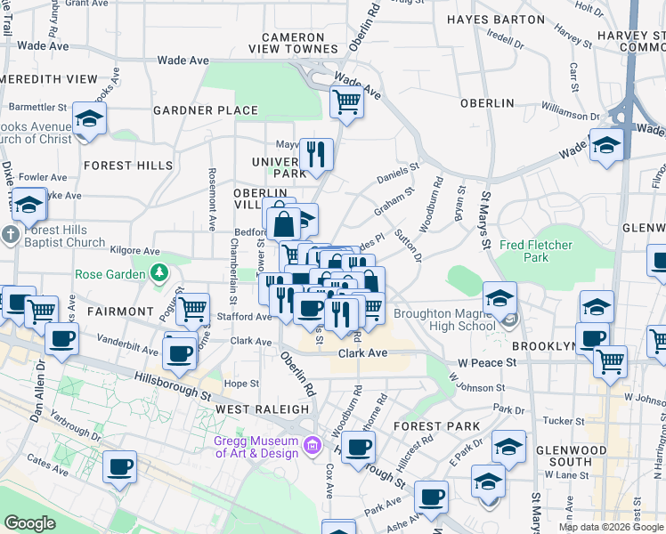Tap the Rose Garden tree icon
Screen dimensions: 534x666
point(160,273)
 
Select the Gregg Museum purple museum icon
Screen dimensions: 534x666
point(312,443)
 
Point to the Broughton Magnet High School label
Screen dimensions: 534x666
point(444,320)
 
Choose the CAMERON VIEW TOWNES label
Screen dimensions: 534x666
point(298,44)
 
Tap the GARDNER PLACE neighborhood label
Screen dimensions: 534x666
point(206,111)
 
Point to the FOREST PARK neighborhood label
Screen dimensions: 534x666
point(437,426)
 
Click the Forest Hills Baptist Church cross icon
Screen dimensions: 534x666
point(10,236)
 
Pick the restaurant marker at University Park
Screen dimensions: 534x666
point(316,154)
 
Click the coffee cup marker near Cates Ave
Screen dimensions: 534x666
point(119,466)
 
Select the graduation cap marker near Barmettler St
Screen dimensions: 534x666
point(89,119)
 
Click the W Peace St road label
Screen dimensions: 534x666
point(487,363)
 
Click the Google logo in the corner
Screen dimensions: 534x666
point(29,523)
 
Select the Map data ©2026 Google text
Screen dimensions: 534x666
point(610,527)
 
